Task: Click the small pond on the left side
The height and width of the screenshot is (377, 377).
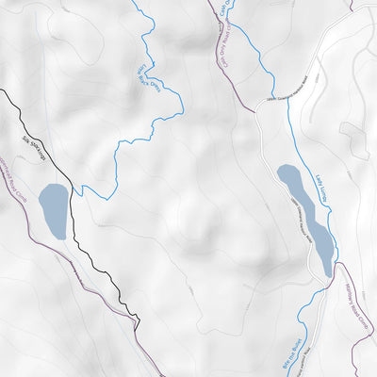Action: [x=53, y=211]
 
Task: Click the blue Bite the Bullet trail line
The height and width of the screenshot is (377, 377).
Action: [x=302, y=320]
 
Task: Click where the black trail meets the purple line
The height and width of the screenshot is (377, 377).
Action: [x=137, y=325]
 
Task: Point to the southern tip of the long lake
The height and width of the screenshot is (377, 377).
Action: [x=329, y=274]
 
